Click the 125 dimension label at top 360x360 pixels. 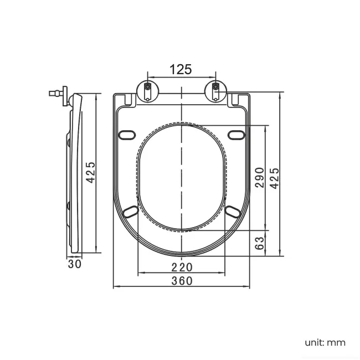[181, 69]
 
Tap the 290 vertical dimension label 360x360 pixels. [259, 177]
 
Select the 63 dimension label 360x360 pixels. [259, 243]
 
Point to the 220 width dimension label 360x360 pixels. [181, 266]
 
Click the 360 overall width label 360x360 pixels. [181, 281]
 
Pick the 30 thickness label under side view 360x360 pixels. [75, 264]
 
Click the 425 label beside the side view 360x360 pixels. [91, 173]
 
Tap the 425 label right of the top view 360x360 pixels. [274, 177]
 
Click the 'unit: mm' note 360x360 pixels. [324, 342]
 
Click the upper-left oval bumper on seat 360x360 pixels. [127, 135]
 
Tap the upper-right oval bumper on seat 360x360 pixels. [236, 135]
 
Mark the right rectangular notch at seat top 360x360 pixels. [235, 100]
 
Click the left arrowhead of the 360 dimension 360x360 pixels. [115, 287]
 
